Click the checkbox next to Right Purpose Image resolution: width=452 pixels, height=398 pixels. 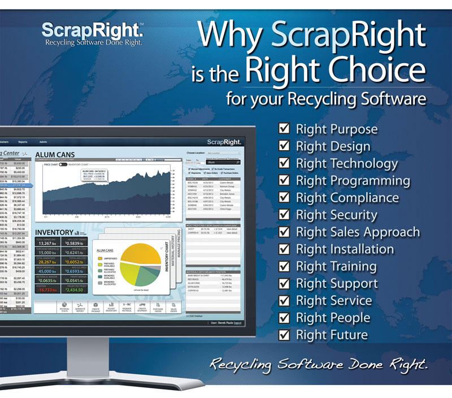click(x=285, y=129)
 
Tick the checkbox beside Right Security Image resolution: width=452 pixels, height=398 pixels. click(x=285, y=215)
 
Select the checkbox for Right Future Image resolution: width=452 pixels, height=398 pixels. click(x=285, y=335)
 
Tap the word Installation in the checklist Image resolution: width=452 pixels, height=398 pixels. click(x=362, y=249)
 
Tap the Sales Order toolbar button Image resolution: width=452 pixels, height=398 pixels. click(x=173, y=309)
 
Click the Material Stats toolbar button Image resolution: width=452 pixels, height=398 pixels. click(x=63, y=309)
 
